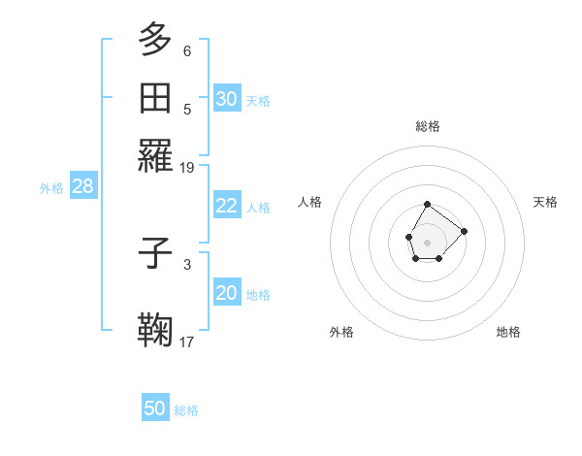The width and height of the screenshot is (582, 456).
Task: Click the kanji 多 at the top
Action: [x=156, y=40]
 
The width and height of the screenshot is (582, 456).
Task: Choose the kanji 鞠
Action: [x=156, y=330]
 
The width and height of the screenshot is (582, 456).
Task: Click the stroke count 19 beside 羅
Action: [x=187, y=167]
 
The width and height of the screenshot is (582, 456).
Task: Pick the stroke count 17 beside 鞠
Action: [x=187, y=342]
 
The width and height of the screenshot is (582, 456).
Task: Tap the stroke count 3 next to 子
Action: [x=187, y=264]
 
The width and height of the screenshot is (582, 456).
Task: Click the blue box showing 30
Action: [x=227, y=98]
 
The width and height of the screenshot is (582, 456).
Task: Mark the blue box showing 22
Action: [x=227, y=206]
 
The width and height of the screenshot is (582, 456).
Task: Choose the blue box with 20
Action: [x=227, y=293]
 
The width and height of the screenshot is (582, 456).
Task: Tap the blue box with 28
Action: [x=83, y=186]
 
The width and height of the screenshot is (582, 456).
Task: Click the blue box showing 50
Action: [x=155, y=408]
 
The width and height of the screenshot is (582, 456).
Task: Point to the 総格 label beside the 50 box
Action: [x=187, y=410]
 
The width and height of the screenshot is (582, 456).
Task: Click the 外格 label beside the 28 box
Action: [x=51, y=188]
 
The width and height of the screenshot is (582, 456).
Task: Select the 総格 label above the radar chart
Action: [x=428, y=126]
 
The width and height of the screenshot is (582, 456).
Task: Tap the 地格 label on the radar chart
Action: [x=508, y=332]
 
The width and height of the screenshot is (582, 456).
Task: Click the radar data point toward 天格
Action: [x=464, y=231]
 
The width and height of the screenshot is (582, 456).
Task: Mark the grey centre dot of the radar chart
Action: [x=428, y=241]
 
